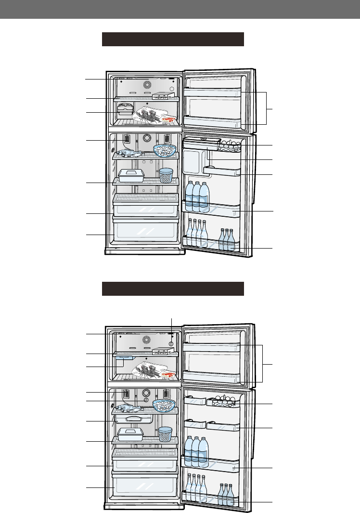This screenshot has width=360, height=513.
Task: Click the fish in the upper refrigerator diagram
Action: point(129,153)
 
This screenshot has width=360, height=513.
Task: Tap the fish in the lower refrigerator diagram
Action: point(129,408)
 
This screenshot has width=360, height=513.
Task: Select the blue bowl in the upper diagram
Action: point(165,150)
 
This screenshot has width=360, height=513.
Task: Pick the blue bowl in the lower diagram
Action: point(164,405)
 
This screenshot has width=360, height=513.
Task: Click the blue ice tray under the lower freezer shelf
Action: point(124,358)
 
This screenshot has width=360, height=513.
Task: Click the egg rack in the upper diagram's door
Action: point(229,144)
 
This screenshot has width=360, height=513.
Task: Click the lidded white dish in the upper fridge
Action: point(131,175)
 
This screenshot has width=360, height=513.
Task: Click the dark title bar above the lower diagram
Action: point(173,289)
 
